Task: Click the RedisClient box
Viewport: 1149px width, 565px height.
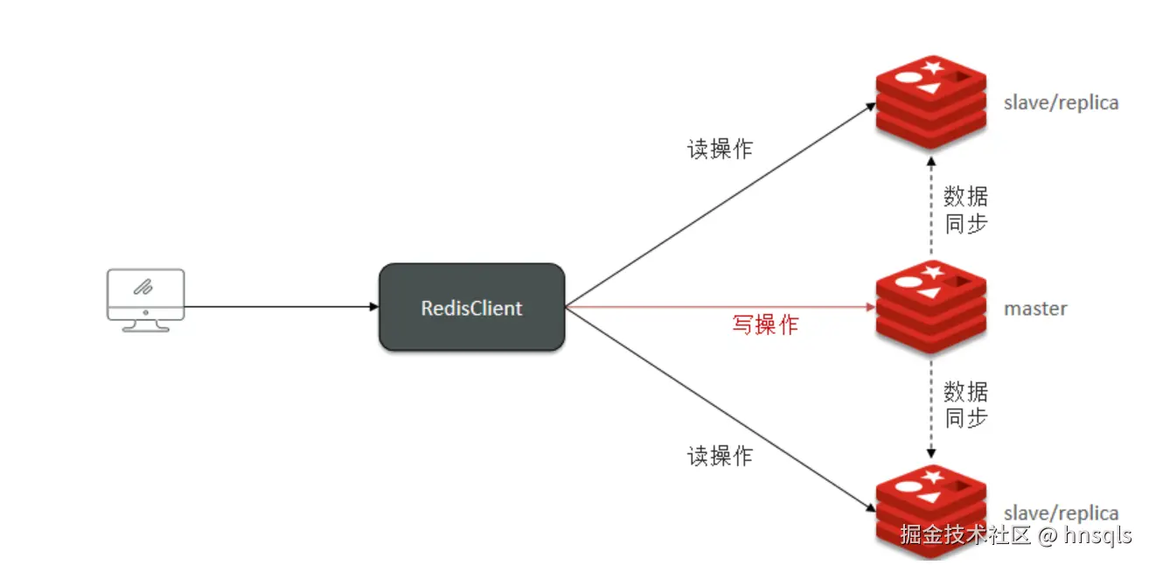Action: click(471, 308)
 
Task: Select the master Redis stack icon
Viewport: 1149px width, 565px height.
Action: click(930, 306)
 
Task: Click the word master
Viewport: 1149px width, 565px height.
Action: click(1035, 309)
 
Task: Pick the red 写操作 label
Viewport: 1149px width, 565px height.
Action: click(765, 325)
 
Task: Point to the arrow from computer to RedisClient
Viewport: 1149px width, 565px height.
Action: click(280, 307)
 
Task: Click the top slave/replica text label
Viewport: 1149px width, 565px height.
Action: click(1061, 103)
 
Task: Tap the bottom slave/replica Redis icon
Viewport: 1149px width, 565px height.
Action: click(930, 507)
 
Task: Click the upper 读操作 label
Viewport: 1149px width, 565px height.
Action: click(720, 150)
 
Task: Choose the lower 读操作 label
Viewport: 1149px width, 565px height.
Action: click(720, 456)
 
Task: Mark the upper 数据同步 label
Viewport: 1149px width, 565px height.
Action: click(965, 210)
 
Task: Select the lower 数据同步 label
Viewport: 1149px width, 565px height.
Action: click(965, 404)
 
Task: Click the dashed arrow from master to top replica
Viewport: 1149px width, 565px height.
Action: click(931, 210)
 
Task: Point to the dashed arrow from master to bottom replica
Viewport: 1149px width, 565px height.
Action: click(931, 407)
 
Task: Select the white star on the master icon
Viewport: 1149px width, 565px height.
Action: click(933, 271)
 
